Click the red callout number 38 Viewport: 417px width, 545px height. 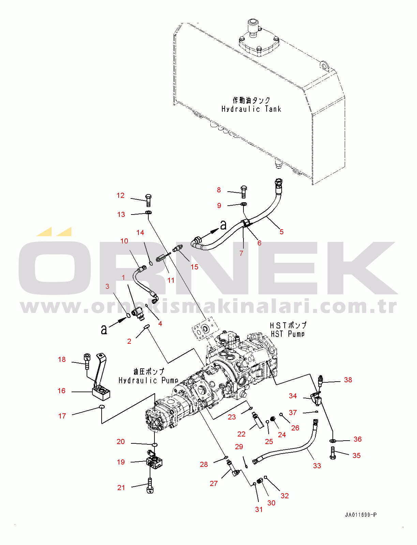tap(348, 380)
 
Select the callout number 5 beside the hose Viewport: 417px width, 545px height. tap(281, 232)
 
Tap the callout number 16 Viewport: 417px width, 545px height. tap(61, 391)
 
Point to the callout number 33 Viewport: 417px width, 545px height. tap(317, 466)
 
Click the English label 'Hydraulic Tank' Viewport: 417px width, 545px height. tap(251, 109)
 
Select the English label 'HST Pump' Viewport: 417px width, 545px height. tap(287, 334)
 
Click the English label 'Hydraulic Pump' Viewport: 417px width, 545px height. tap(148, 380)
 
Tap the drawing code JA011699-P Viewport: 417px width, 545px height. tap(360, 515)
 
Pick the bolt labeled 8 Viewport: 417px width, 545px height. tap(243, 192)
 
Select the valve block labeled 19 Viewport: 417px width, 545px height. tap(154, 462)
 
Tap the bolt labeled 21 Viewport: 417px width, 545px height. tap(150, 486)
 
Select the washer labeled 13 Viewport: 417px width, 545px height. tap(149, 213)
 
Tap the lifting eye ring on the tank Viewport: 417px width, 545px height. tap(324, 65)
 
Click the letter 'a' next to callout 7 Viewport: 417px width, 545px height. tap(223, 225)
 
